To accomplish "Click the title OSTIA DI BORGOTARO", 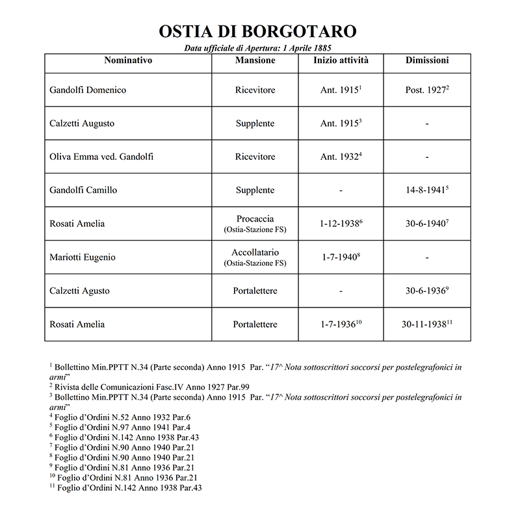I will (258, 32).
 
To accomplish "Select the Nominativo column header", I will (128, 61).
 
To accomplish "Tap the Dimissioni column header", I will (426, 61).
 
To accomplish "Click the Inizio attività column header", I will (341, 61).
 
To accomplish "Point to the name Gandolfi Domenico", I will (88, 90).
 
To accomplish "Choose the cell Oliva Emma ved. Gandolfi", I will (101, 157).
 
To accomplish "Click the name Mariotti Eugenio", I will (83, 257).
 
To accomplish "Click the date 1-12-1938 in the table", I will (339, 224).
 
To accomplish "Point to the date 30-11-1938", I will (426, 324).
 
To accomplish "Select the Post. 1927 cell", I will (426, 90).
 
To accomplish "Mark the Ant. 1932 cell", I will (339, 157).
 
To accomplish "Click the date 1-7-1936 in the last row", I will (339, 324).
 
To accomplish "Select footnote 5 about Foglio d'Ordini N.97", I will (124, 427).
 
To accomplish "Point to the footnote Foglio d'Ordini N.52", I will (124, 417).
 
